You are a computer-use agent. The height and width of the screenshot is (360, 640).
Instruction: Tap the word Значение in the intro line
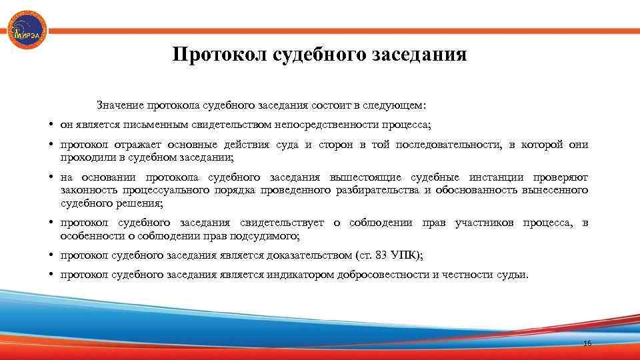[x=121, y=105]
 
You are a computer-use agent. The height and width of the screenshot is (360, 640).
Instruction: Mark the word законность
[x=87, y=191]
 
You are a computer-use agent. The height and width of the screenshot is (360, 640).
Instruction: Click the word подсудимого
[x=267, y=236]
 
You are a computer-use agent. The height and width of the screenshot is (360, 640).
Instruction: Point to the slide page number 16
[x=587, y=343]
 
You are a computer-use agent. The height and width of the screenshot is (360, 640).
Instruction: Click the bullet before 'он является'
[x=51, y=125]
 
